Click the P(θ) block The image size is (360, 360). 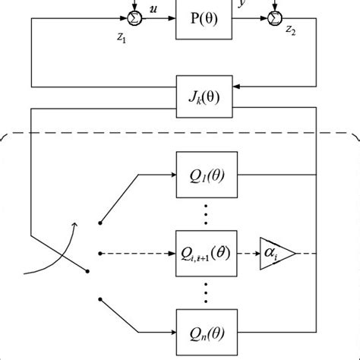206,19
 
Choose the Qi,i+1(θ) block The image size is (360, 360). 206,250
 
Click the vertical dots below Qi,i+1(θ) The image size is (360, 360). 206,289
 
